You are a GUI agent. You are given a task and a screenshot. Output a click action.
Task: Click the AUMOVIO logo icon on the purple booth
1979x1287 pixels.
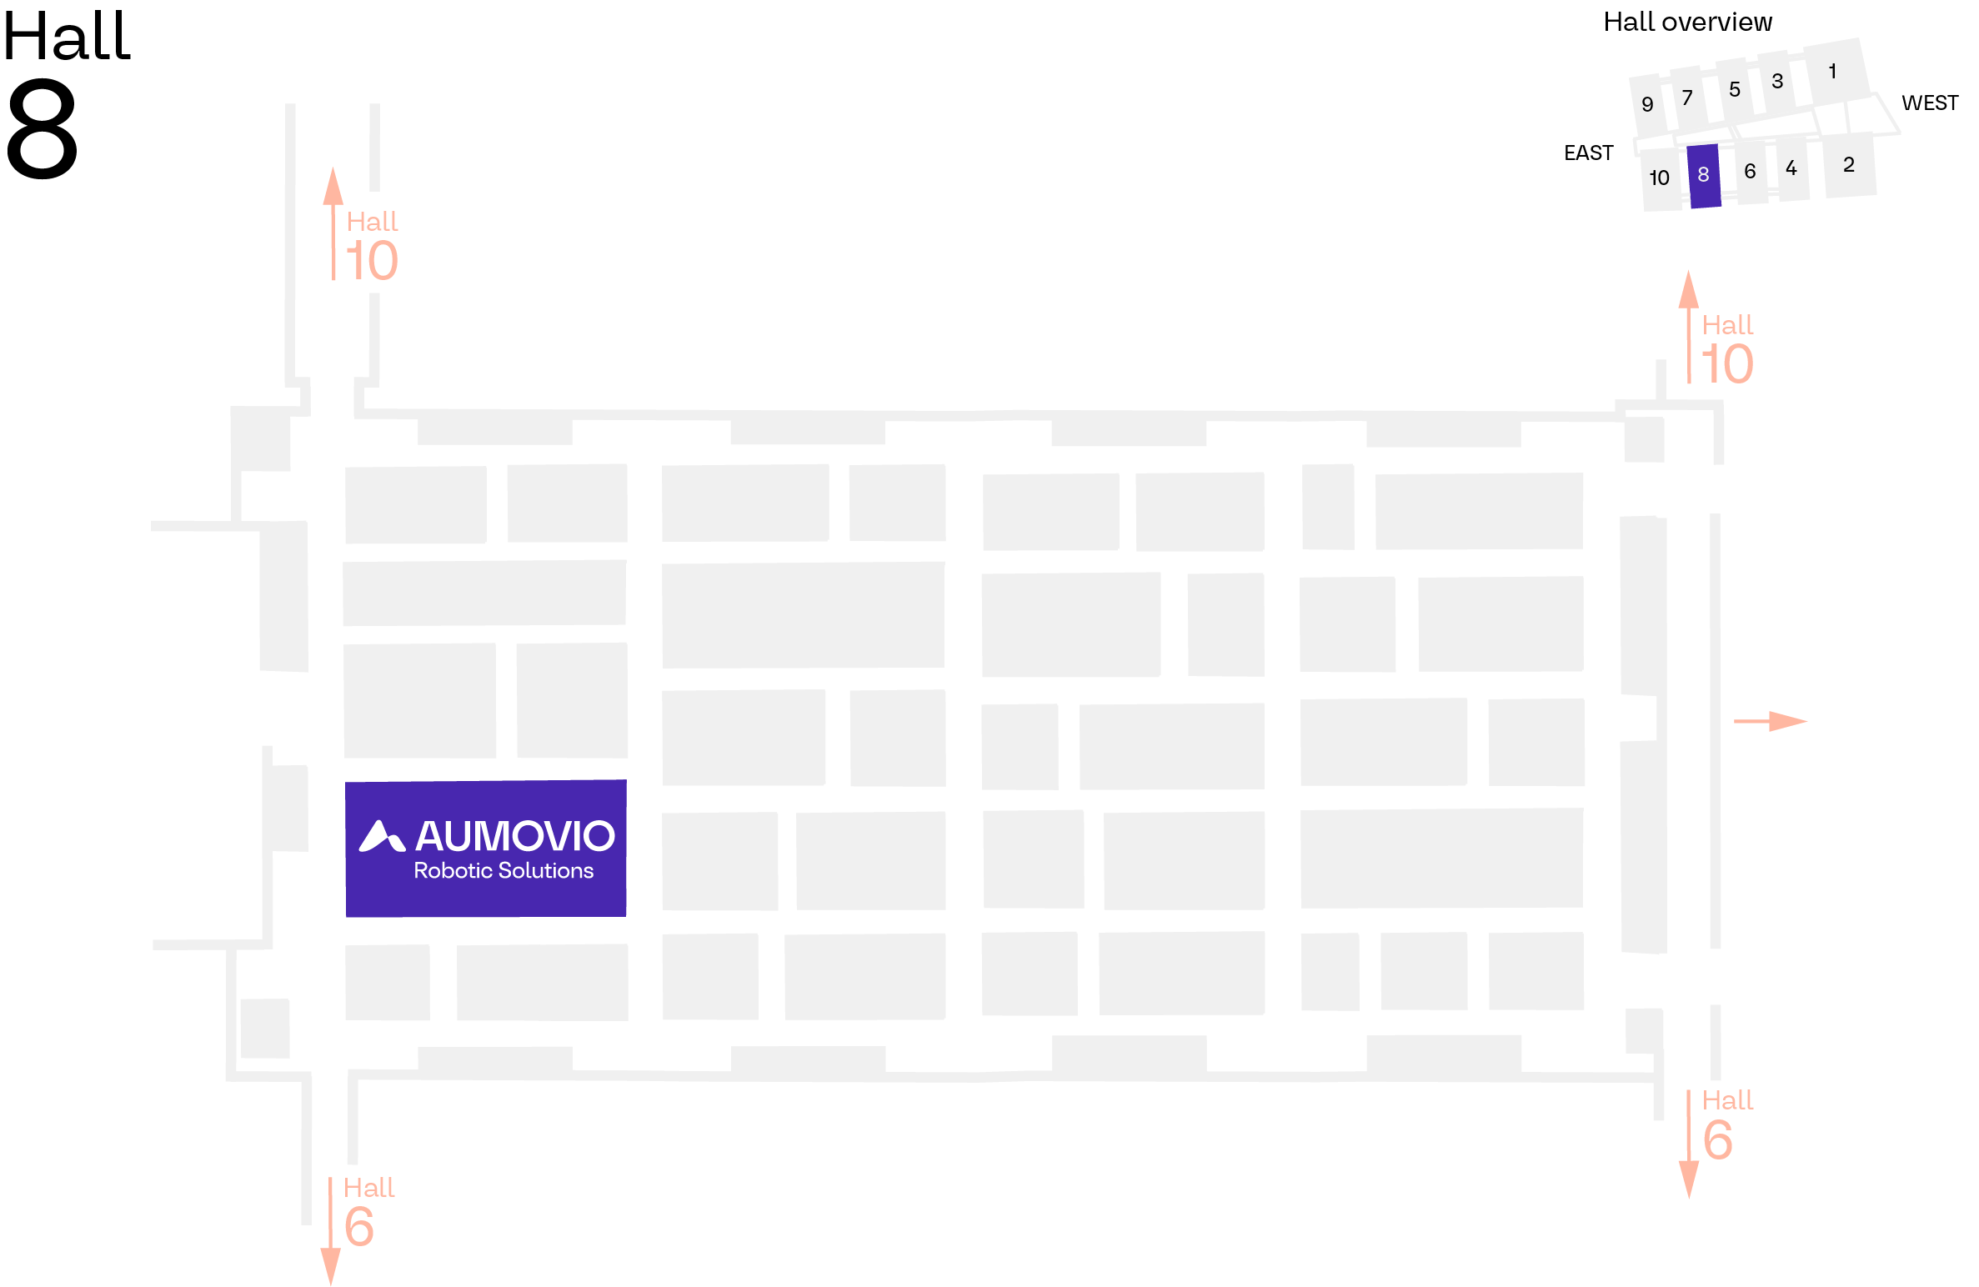point(382,836)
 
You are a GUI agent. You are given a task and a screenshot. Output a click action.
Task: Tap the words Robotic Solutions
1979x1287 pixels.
point(504,870)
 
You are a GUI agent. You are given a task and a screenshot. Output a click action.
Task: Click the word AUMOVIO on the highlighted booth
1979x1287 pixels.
point(515,836)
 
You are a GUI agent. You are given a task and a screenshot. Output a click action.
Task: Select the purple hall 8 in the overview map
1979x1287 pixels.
point(1704,176)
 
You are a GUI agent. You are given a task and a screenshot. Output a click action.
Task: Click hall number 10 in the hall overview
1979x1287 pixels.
point(1660,178)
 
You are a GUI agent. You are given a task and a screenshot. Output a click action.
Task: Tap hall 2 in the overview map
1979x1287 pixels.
point(1850,165)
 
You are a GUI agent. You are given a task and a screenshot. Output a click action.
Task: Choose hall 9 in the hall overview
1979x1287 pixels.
point(1647,105)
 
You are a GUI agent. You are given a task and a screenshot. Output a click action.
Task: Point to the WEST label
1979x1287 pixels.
point(1930,103)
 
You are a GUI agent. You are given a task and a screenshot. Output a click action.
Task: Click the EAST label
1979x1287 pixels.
point(1589,153)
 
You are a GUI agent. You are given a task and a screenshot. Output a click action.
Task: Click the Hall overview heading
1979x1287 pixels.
point(1688,22)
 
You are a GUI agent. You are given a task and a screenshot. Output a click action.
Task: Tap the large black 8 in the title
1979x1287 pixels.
point(42,128)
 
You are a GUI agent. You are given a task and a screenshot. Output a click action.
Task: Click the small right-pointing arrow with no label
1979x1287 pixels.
point(1770,721)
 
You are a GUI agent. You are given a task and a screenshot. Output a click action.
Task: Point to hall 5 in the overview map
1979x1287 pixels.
point(1735,90)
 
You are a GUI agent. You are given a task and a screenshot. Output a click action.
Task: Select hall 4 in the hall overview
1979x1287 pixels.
point(1791,168)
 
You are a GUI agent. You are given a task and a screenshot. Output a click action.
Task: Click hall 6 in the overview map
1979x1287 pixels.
point(1751,172)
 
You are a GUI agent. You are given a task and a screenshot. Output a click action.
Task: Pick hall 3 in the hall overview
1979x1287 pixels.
point(1777,82)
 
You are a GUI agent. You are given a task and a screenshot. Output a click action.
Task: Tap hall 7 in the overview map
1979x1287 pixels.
point(1688,98)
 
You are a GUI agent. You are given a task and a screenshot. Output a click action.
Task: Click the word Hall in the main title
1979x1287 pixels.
point(67,37)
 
